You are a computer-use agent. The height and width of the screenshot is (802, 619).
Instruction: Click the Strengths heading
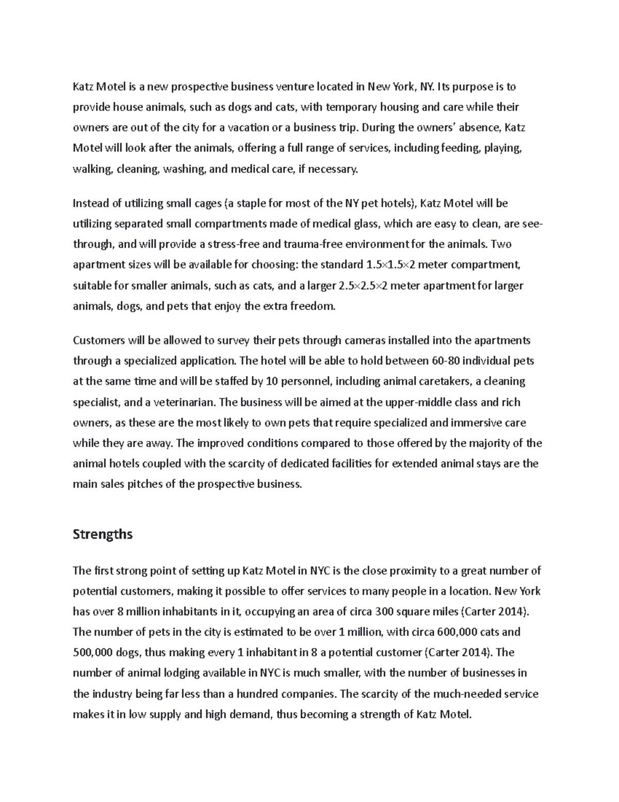tap(103, 534)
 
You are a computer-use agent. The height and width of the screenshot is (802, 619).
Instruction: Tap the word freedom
tap(312, 306)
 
